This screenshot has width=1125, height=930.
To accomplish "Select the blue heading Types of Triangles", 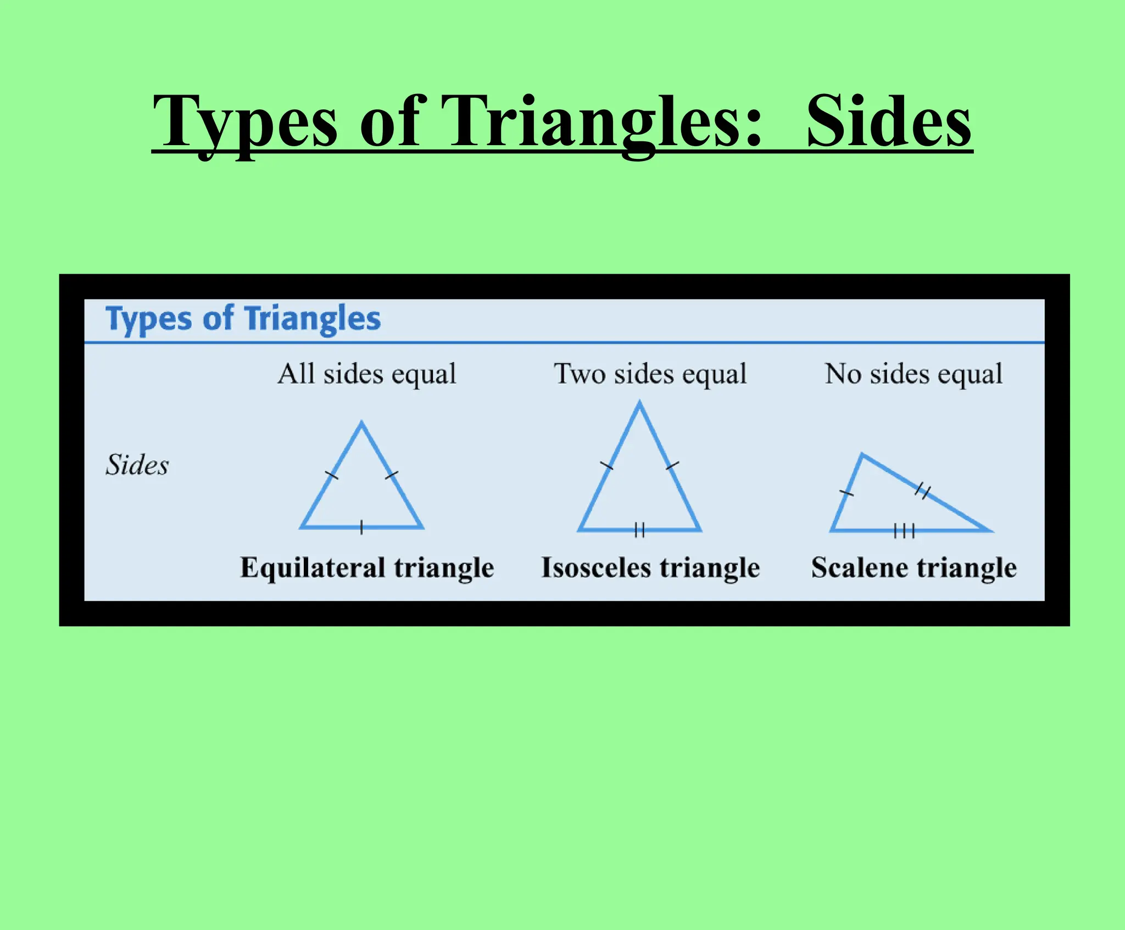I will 243,319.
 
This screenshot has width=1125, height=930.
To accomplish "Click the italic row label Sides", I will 137,465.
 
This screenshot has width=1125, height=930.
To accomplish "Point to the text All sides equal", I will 366,374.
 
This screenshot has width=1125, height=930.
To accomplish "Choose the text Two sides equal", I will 650,374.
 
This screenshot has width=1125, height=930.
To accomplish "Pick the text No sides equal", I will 914,374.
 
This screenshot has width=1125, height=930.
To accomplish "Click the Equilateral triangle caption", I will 367,568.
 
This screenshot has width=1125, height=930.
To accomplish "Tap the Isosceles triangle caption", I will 650,568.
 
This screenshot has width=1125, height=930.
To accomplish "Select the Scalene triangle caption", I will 914,568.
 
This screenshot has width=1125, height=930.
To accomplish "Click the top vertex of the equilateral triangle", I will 361,424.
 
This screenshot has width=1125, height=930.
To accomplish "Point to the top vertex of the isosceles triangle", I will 639,404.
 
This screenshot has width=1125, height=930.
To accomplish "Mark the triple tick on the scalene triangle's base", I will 904,530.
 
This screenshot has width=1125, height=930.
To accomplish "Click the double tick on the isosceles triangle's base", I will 639,530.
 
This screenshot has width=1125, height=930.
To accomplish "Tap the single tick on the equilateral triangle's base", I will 361,527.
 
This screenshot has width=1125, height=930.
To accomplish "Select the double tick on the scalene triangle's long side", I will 923,490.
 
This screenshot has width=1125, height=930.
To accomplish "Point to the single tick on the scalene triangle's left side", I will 846,493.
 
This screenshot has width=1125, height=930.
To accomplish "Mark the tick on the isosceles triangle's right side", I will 672,466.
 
